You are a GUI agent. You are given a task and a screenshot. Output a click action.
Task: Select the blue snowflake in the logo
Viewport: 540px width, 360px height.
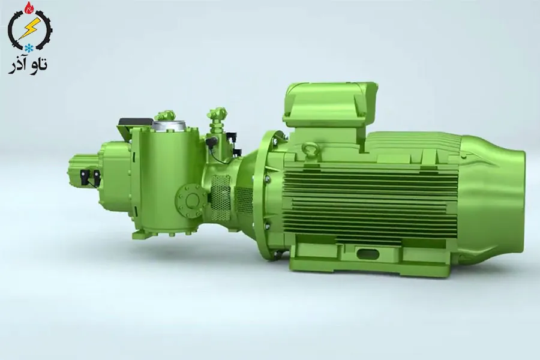click(x=28, y=46)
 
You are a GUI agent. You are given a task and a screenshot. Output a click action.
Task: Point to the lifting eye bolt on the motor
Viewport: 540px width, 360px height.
click(x=311, y=148)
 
